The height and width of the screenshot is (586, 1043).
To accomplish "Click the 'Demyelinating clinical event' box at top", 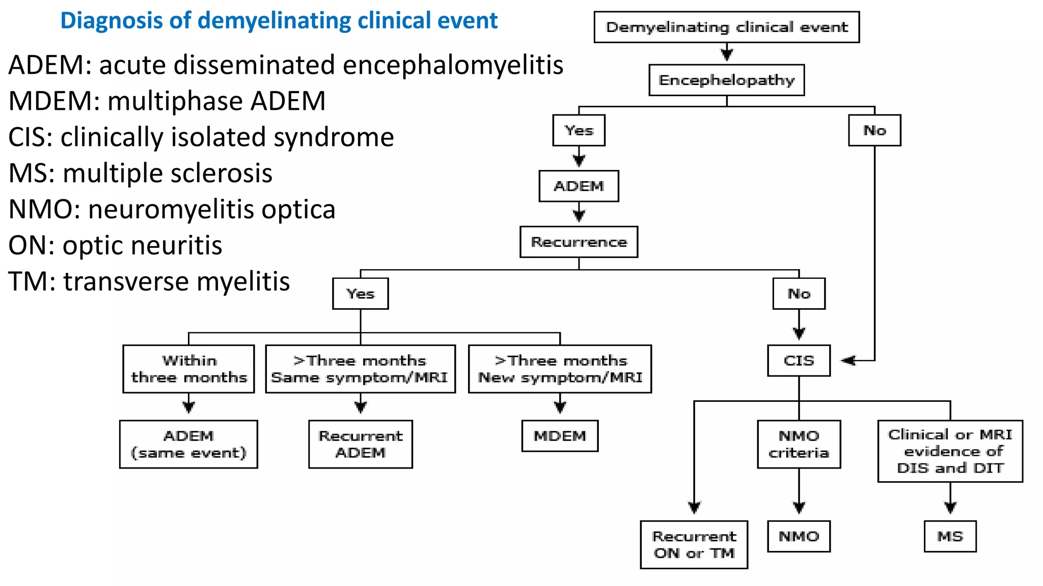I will coord(726,27).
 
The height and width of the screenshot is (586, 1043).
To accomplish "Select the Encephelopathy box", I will coord(726,80).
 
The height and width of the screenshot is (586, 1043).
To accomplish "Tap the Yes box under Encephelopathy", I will coord(579,130).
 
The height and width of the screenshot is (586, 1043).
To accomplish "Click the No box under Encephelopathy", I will coord(874,130).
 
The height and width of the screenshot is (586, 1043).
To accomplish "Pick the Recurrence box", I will coord(579,242).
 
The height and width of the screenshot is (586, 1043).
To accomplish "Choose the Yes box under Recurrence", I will coord(360,294).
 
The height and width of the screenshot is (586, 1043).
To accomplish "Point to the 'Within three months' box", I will coord(188,369).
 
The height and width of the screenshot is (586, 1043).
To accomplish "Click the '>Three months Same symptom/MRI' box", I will coord(360,369).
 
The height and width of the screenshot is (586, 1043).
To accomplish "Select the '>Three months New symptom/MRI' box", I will coord(560,369).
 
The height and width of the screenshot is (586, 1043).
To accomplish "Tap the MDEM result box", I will coord(560,436).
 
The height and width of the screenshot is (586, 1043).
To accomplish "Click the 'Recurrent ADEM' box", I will coord(360,444).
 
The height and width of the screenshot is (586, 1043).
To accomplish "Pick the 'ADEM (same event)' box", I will coord(188,444).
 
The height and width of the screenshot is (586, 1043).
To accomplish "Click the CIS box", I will coord(799,361).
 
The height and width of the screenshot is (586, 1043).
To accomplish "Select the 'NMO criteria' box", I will coord(799,444).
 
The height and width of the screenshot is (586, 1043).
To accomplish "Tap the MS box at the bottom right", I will coord(950,536).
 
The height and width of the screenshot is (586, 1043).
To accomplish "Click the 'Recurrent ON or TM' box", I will coord(694,544).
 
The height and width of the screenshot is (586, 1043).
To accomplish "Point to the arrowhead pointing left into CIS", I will coord(847,361).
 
